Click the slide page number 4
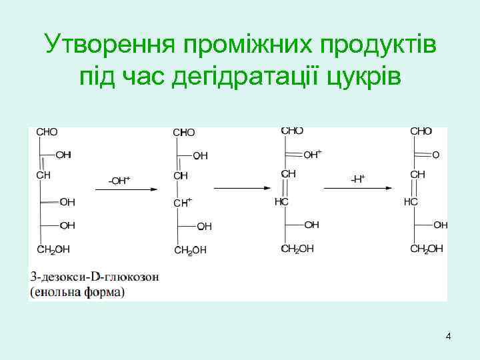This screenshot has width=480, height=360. pos(448,336)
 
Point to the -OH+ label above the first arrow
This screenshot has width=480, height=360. pos(119,180)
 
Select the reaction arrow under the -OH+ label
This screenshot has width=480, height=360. pos(126,190)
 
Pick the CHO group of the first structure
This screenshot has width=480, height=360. pos(47,132)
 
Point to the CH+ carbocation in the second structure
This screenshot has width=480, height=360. pos(182,201)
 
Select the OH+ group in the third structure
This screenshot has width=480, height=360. pos(312,154)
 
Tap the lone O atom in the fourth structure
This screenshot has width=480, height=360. pos(436,155)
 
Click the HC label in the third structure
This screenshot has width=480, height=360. pos(281,201)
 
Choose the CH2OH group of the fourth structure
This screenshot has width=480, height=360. pos(426,249)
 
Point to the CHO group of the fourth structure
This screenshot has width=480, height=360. pos(421,131)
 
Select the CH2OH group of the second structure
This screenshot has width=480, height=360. pos(190,250)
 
